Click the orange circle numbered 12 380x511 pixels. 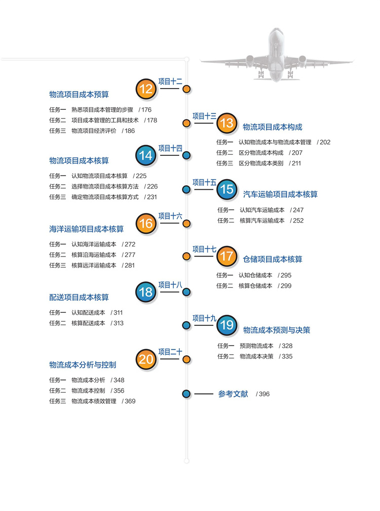[x=146, y=90]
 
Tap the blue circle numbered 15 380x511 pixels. [x=226, y=189]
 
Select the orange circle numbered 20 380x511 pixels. [x=146, y=360]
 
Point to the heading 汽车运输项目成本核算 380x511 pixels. [x=280, y=194]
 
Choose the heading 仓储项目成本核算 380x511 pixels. [x=273, y=259]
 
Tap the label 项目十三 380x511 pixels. [x=204, y=116]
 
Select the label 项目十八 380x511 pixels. [x=170, y=285]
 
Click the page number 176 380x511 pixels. [x=146, y=109]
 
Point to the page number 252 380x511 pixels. [x=298, y=221]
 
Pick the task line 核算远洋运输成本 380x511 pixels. [x=94, y=265]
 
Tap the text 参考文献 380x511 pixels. [x=233, y=394]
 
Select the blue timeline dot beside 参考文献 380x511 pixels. [x=186, y=394]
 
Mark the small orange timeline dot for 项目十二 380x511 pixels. [x=186, y=90]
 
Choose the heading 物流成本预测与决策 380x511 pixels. [x=277, y=330]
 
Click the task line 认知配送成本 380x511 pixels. [x=88, y=313]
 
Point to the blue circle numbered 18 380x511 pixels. [x=146, y=292]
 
